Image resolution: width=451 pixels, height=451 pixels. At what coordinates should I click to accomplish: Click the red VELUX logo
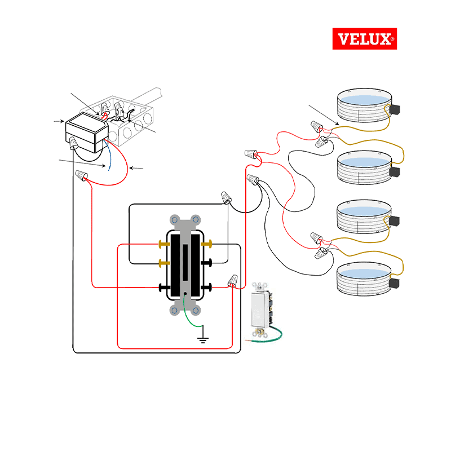(x=364, y=39)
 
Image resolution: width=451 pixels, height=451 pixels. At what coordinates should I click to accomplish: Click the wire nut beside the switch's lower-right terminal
(x=233, y=280)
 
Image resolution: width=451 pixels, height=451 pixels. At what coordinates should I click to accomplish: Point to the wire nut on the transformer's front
(x=74, y=145)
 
